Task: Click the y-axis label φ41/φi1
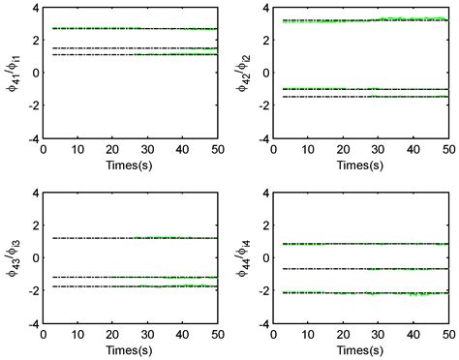coord(13,73)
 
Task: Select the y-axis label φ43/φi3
coord(13,258)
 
